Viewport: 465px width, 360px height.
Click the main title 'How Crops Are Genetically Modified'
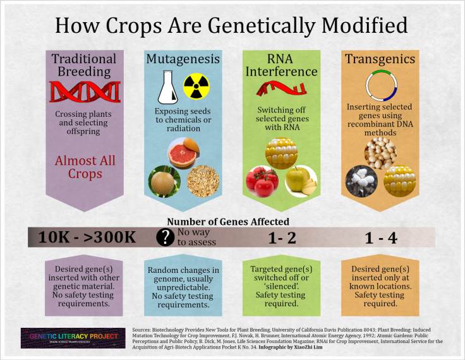(231, 25)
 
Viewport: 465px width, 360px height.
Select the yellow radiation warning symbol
(196, 87)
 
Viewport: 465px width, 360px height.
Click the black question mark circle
(166, 237)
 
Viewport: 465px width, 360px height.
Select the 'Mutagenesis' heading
(183, 59)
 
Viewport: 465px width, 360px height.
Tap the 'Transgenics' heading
(380, 59)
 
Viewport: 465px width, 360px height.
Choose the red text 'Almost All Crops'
(85, 168)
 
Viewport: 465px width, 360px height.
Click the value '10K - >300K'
(87, 237)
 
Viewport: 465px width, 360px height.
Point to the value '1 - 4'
(382, 237)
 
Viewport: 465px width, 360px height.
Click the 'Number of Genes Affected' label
(228, 222)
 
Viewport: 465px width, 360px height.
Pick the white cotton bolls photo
(362, 180)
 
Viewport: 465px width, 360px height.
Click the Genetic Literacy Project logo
(69, 337)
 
